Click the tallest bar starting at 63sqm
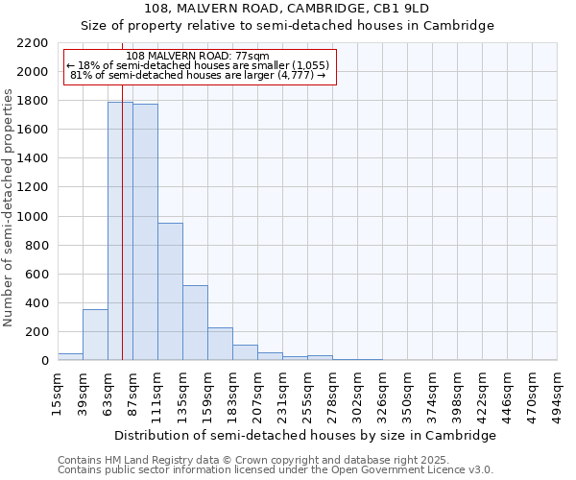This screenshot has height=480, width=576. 120,230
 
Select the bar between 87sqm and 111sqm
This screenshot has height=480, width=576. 145,231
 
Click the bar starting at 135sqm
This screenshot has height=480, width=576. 195,323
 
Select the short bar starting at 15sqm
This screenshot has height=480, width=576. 70,356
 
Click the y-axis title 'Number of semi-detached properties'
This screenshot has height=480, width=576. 9,207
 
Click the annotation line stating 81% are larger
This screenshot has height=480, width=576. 200,76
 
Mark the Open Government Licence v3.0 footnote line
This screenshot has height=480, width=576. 276,470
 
